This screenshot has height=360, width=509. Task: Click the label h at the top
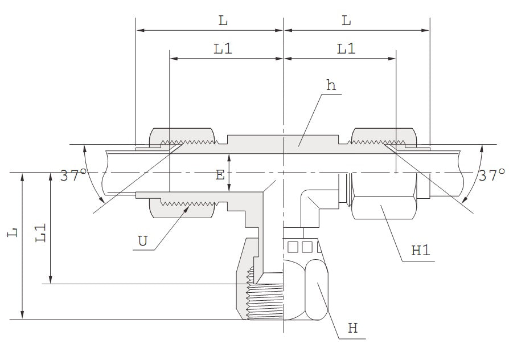coord(331,86)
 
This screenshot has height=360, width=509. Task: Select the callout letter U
coord(143,241)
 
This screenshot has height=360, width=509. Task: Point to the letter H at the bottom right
coord(353,329)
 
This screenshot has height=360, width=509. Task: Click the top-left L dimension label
coord(223,21)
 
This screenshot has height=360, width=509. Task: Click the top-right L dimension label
coord(346,21)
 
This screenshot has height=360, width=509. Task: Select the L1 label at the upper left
coord(223,49)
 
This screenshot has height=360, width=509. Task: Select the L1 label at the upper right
coord(346,49)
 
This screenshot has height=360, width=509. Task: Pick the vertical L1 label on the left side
coord(40,234)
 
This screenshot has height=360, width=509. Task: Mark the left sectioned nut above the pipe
coord(182,137)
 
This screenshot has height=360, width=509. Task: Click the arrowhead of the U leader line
coord(187,210)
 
